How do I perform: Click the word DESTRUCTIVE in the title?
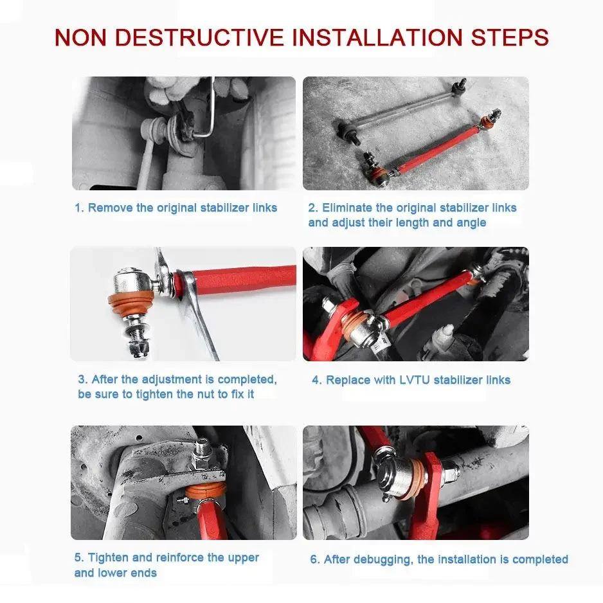199,38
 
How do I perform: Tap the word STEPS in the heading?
510,38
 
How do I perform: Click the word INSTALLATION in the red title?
377,38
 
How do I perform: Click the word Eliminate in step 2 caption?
347,208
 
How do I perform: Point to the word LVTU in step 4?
415,380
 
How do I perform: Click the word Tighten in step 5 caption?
108,557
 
